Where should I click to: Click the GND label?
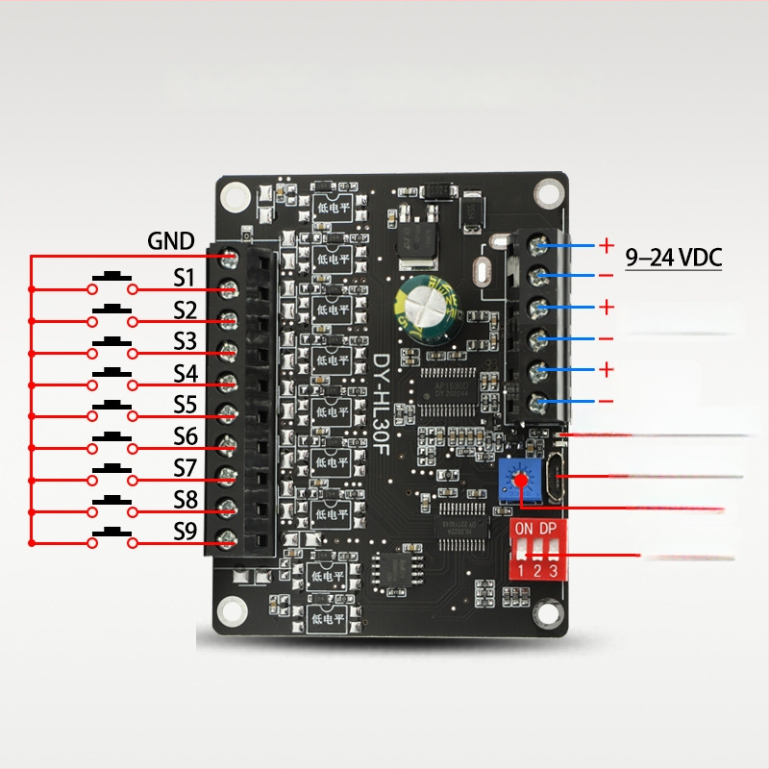pos(171,240)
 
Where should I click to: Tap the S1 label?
pos(185,278)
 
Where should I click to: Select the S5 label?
pos(185,405)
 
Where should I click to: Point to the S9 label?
pos(185,532)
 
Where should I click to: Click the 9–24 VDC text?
pos(673,258)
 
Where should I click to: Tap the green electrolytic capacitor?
pos(423,306)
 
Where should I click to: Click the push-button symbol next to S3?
pos(112,344)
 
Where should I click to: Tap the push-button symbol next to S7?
pos(112,472)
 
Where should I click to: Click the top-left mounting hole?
pos(232,196)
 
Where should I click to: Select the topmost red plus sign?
pos(607,246)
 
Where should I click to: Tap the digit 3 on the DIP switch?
pos(553,572)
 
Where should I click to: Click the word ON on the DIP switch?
pos(524,530)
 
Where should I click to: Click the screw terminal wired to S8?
pos(228,508)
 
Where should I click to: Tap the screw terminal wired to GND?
pos(230,256)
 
